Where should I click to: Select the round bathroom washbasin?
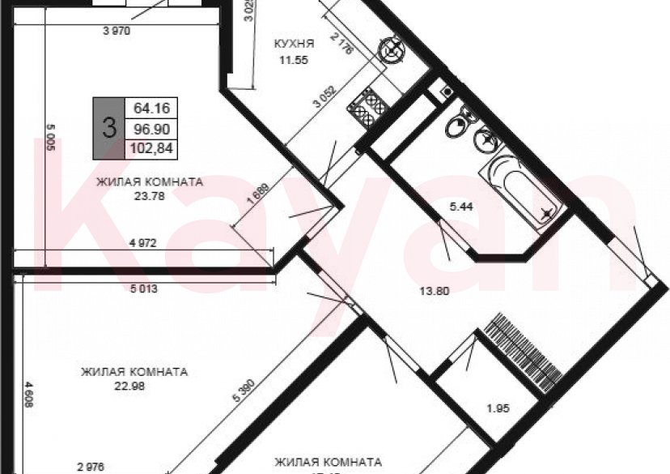coord(486,140)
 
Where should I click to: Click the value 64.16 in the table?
coord(150,108)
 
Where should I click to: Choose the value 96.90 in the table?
coord(150,128)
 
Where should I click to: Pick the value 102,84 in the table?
coord(150,147)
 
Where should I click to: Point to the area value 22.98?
coord(134,385)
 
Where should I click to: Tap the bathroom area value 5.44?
coord(462,207)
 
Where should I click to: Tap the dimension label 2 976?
coord(91,467)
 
